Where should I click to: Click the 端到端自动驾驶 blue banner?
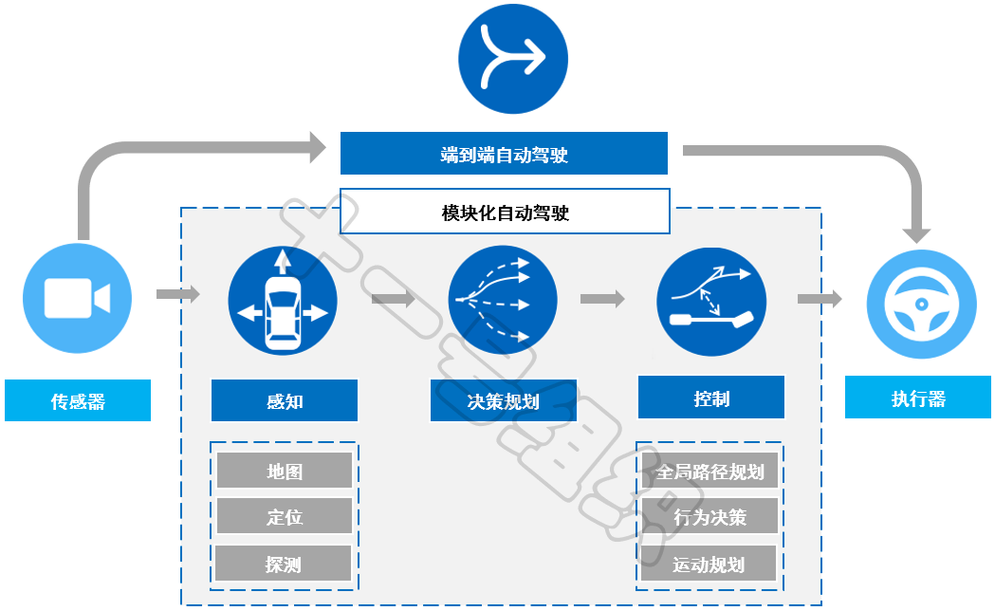tap(504, 154)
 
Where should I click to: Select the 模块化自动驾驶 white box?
tap(505, 212)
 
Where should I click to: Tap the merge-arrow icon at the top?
tap(513, 60)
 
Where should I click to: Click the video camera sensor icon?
tap(77, 299)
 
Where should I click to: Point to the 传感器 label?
tap(78, 400)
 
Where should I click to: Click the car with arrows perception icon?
tap(283, 299)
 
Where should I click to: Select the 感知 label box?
tap(285, 400)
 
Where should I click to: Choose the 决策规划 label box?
tap(504, 400)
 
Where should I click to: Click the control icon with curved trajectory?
tap(711, 299)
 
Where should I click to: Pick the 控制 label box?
tap(711, 398)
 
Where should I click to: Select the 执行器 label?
tap(918, 398)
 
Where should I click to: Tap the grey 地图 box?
tap(285, 470)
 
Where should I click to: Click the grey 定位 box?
tap(285, 517)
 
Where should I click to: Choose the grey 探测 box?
tap(284, 564)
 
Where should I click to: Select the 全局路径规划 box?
tap(709, 471)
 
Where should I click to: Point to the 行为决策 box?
tap(709, 517)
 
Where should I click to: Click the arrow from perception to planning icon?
tap(394, 299)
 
